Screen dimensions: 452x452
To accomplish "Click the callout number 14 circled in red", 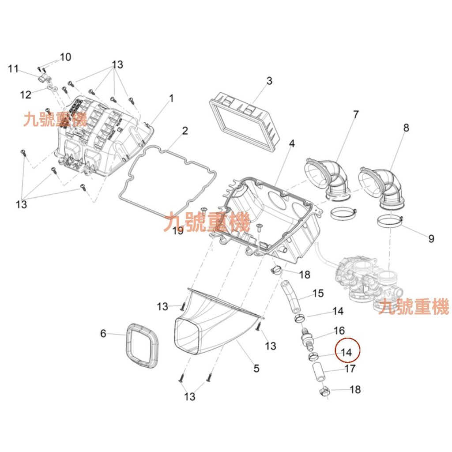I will coord(347,352).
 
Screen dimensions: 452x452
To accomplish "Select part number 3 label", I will coord(269,81).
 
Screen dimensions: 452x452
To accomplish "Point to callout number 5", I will coord(256,368).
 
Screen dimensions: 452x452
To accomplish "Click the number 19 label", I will coord(177,230).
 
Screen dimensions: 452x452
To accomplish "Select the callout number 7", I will coord(355,114).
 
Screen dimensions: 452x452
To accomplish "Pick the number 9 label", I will coord(431,239).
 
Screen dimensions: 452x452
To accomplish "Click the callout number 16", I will coord(339,331).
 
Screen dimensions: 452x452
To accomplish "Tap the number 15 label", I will coord(318,293).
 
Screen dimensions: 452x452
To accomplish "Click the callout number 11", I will coord(13,68).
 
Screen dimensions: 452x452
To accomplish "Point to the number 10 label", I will coord(65,57).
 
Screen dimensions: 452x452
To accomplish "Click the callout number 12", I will coord(26,94).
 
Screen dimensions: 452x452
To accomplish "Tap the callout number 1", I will coord(171,98).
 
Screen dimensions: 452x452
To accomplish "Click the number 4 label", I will coord(291,144).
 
